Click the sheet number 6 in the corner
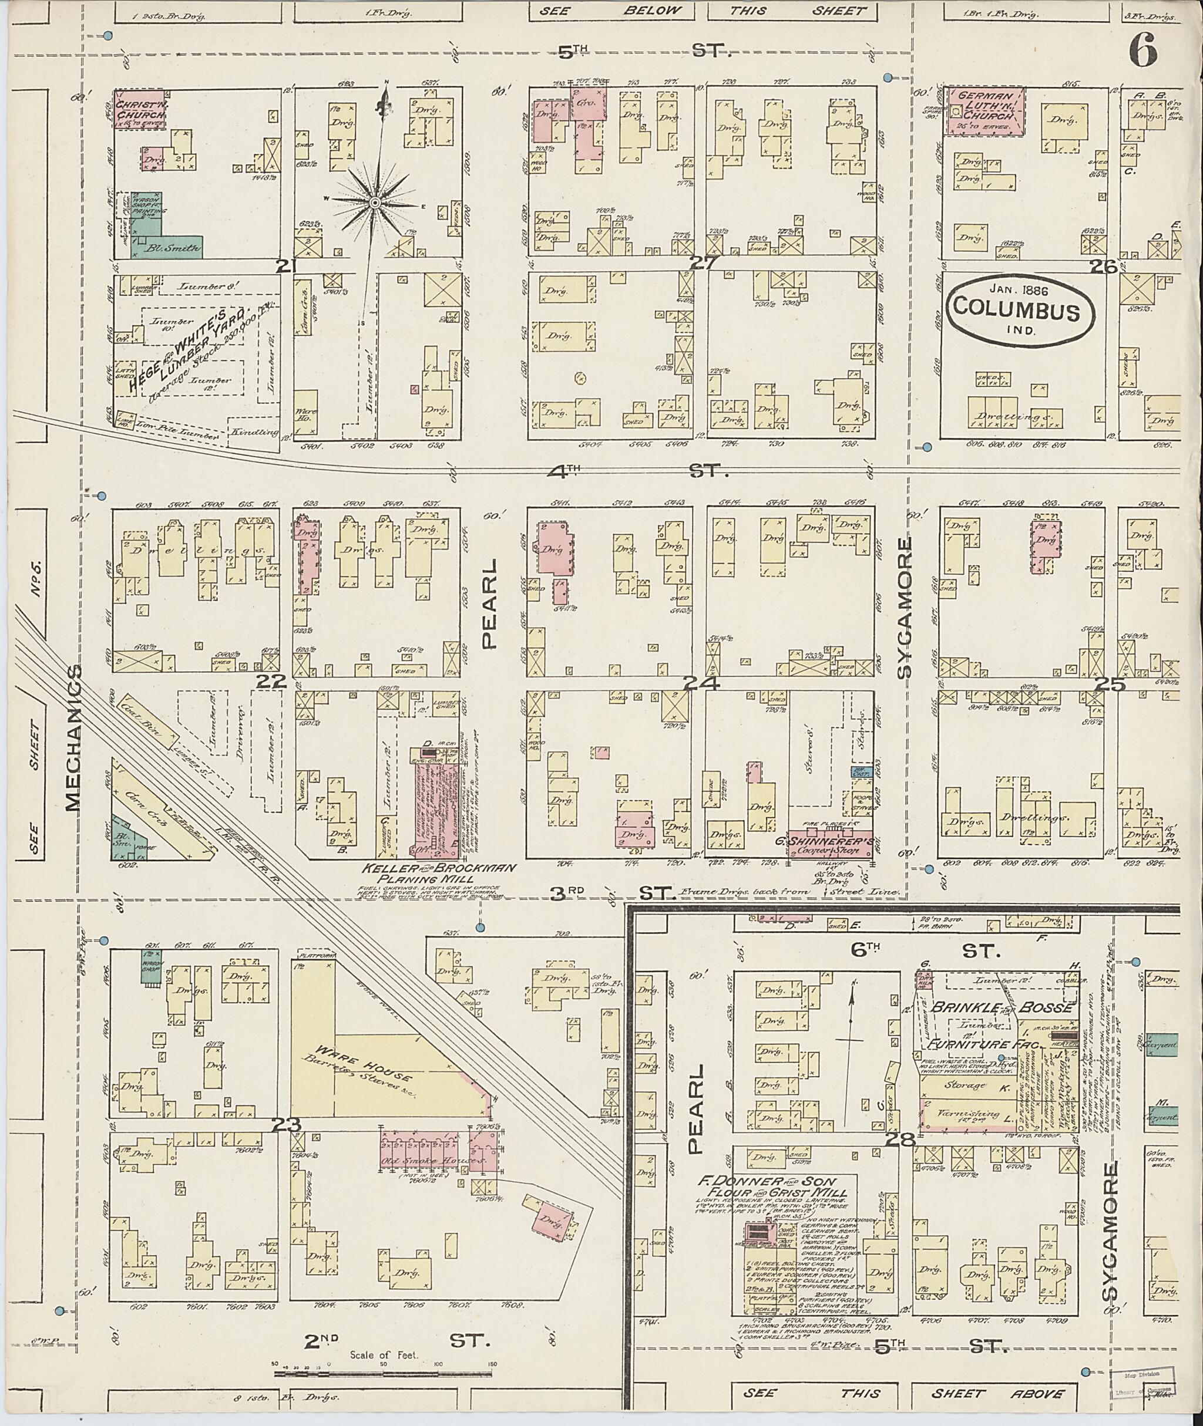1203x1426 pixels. pos(1143,50)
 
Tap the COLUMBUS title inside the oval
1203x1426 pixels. pos(1016,311)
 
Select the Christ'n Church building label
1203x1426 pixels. pos(139,110)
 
